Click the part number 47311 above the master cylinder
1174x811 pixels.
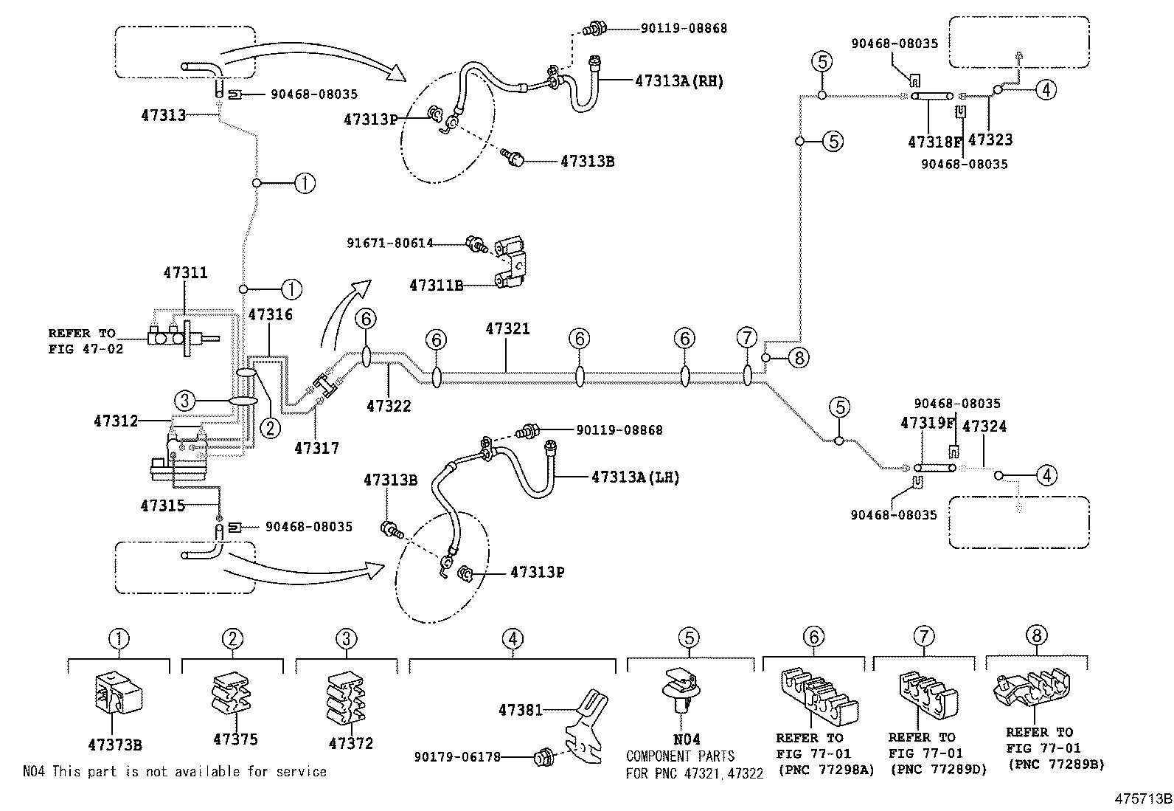(186, 273)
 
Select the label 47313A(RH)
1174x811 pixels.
(679, 81)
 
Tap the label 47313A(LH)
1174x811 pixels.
(635, 477)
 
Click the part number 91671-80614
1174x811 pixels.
(390, 244)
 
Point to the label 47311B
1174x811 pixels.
(436, 286)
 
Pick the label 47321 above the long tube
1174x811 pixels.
(507, 329)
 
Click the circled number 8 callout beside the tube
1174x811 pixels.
(799, 358)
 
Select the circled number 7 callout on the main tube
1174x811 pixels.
(747, 337)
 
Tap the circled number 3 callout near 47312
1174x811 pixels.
(184, 401)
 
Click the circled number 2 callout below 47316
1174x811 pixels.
(271, 428)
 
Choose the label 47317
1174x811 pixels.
(316, 449)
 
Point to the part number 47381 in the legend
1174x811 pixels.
(521, 711)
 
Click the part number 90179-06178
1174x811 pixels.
(457, 757)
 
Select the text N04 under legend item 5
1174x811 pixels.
(687, 739)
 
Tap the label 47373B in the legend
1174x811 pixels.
(115, 745)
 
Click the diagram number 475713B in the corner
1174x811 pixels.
(1143, 799)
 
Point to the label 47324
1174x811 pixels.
(984, 427)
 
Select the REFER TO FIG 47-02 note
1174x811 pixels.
(86, 341)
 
